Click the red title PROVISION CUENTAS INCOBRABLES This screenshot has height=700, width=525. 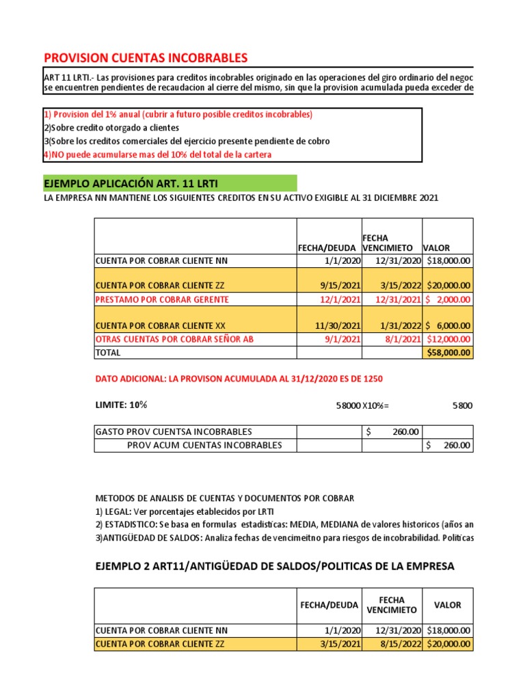146,57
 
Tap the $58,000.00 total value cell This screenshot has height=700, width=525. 448,353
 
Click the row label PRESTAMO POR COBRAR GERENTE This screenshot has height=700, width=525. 162,299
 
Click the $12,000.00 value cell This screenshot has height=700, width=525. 448,339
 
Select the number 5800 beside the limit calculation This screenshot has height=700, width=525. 461,405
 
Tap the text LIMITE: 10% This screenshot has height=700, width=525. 121,405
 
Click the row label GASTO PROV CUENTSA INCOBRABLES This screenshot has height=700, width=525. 174,431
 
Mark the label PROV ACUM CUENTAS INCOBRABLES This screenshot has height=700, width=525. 204,445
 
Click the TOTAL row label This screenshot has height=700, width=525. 108,353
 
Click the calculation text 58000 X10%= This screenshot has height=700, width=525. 362,406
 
